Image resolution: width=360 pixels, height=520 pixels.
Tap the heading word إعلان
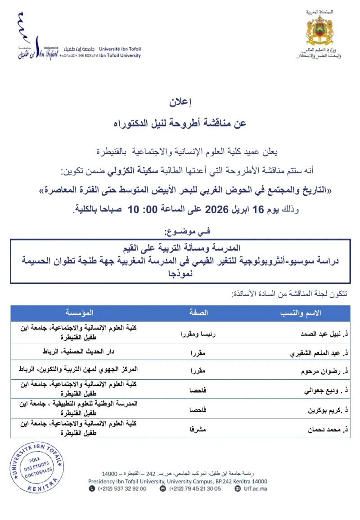click(180, 103)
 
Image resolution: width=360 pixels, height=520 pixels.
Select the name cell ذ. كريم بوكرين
click(323, 410)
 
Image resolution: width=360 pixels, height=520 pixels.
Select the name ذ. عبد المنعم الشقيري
click(317, 353)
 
